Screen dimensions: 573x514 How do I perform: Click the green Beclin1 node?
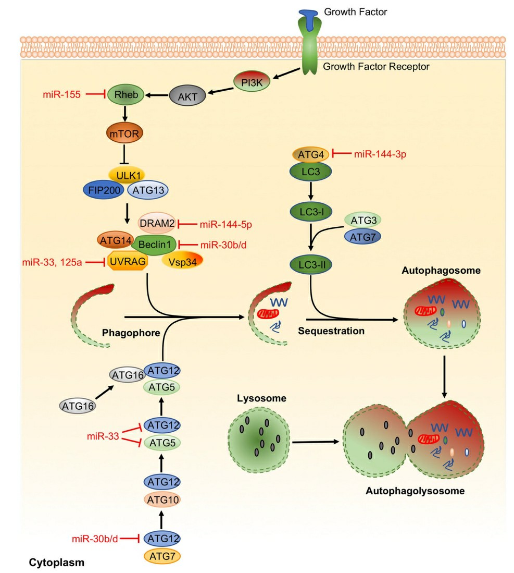(154, 243)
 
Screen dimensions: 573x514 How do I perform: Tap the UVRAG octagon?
(128, 262)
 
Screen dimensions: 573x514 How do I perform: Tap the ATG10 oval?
(161, 501)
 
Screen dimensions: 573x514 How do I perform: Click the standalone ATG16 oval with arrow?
(77, 405)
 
